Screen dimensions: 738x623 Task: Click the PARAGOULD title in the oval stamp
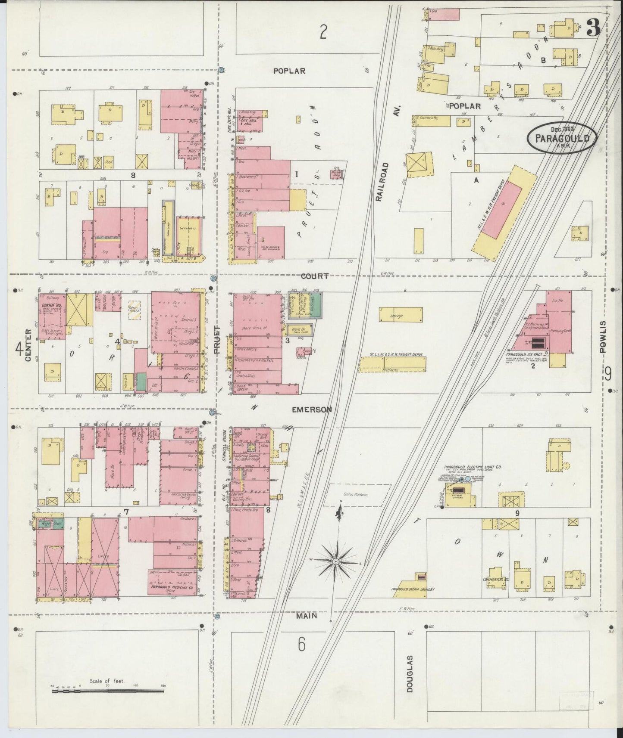(562, 139)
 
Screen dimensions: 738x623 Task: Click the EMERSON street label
(311, 410)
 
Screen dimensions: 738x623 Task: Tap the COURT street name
(315, 276)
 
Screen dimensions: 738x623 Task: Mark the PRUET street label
(217, 340)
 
